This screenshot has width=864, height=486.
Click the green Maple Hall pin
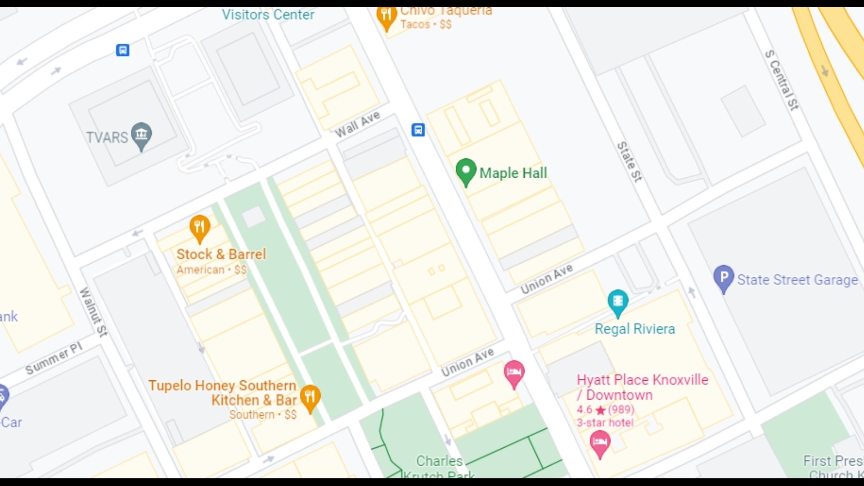coord(466,171)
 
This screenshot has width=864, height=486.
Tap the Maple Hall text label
coord(513,173)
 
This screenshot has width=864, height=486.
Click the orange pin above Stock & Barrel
coord(199,227)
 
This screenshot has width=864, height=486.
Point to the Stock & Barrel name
coord(221,254)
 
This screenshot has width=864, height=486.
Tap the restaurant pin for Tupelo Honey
coord(310,397)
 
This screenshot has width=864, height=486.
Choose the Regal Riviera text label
coord(634,329)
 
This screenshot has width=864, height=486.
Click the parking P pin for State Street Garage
coord(723,278)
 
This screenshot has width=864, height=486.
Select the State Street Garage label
coord(797,280)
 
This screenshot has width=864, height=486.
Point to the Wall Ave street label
coord(358,124)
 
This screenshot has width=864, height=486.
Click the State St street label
coord(629,162)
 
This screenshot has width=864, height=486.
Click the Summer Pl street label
coord(54,358)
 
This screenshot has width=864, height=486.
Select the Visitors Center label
coord(268,15)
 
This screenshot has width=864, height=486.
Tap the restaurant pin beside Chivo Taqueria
coord(386,17)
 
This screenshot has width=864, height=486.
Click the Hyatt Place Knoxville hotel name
coord(642,387)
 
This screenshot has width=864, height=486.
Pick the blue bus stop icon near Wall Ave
coord(418,130)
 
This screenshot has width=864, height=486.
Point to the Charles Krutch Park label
coord(439,467)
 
